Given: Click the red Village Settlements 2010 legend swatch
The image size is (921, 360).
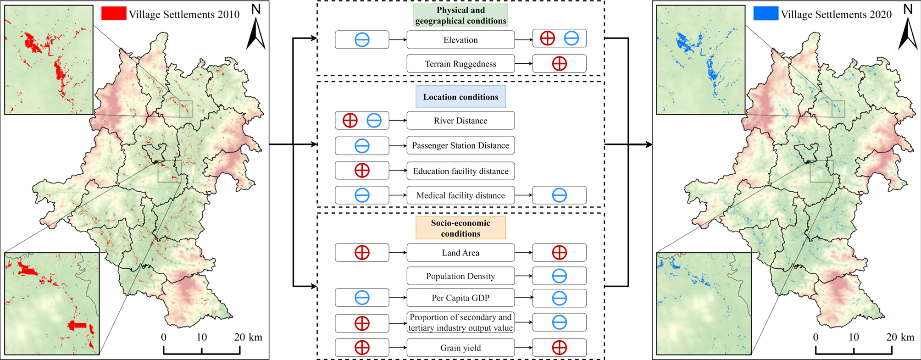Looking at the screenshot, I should coord(113,14).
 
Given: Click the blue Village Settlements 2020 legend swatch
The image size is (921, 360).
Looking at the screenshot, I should coord(766,14).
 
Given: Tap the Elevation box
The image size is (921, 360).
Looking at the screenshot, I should coord(460,40).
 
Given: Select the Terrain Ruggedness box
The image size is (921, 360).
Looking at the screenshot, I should coord(460,64).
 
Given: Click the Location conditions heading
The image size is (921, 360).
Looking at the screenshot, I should coord(460,97).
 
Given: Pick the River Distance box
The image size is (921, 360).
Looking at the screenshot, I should coord(460,121).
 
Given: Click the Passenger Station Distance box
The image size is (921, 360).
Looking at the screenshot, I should coord(460,145).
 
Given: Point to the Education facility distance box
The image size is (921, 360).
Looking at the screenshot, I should coord(460,171).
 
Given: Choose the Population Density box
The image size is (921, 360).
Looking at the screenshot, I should coord(460,276).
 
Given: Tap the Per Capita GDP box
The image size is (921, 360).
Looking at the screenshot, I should coord(460,298).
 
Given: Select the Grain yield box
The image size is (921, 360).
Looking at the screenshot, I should coord(460,348).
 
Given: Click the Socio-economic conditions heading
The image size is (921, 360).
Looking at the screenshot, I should coord(460,228).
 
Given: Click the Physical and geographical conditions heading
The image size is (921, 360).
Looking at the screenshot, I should coord(460,15).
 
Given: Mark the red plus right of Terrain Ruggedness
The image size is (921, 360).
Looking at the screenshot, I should coord(559,64).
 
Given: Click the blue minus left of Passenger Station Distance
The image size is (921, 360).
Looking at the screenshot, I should coord(362,146).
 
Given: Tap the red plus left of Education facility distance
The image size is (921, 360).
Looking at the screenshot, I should coord(362,171).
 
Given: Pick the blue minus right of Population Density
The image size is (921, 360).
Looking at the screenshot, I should coord(559,276).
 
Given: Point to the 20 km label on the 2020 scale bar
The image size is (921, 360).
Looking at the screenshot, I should coord(899,337).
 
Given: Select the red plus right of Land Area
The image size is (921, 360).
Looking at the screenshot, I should coord(559,253).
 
